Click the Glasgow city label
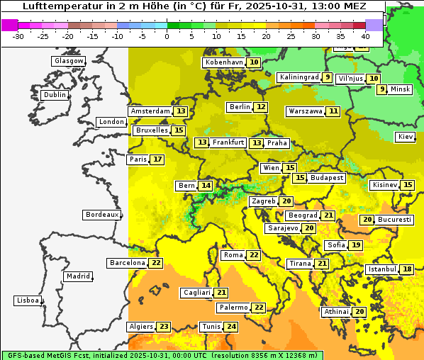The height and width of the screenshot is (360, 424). click(x=68, y=61)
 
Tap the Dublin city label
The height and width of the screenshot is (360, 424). click(x=54, y=95)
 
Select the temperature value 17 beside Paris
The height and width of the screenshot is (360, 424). click(x=157, y=159)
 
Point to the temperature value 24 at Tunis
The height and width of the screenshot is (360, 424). click(x=231, y=327)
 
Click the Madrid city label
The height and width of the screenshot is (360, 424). click(x=77, y=276)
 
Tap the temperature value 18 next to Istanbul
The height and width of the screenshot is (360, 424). click(x=407, y=269)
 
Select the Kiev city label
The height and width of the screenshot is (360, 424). click(x=406, y=137)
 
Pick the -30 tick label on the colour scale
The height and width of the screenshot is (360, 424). click(x=18, y=35)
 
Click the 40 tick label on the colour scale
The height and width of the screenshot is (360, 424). click(x=365, y=35)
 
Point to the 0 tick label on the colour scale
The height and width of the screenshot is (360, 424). click(x=167, y=35)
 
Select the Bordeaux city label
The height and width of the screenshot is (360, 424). click(x=101, y=215)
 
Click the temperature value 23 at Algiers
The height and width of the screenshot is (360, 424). click(x=164, y=327)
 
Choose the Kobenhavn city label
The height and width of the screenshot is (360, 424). click(x=224, y=62)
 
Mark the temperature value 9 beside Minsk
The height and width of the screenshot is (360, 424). click(x=381, y=89)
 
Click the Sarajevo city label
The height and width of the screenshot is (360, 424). click(x=283, y=228)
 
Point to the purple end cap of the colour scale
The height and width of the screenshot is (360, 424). click(x=374, y=25)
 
